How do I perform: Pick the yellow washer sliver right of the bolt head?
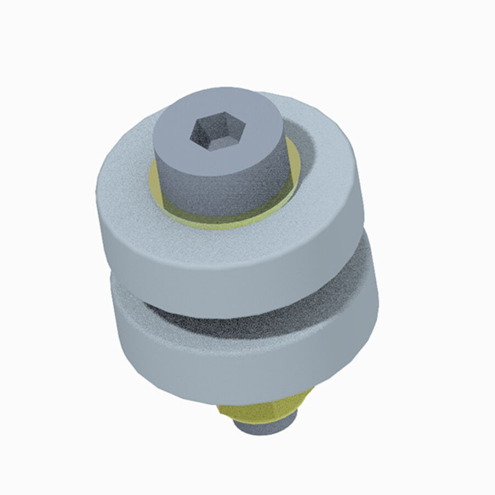[295, 165]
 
